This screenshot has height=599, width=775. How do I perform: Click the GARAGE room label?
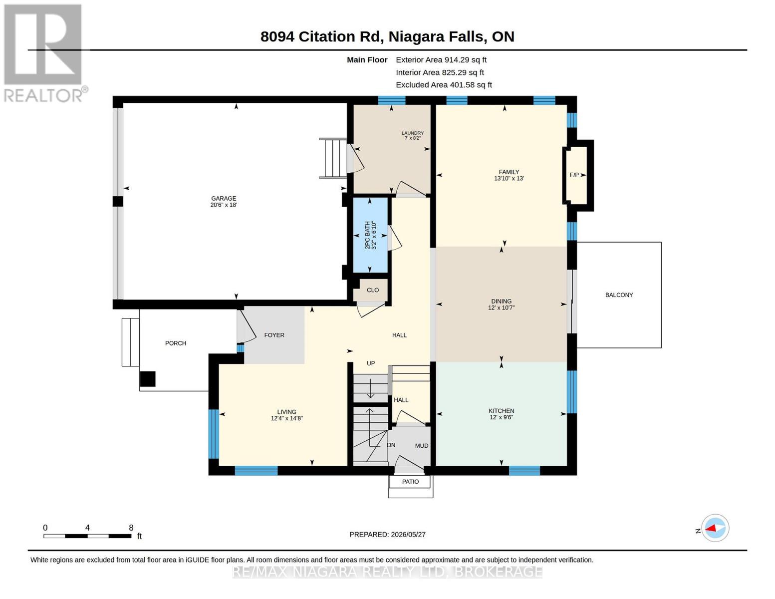pos(223,198)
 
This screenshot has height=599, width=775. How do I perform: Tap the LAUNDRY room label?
pos(413,133)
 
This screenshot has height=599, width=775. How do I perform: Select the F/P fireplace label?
pos(574,175)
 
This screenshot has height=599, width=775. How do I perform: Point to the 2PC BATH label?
pos(367,235)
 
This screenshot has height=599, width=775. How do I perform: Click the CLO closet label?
pos(373,290)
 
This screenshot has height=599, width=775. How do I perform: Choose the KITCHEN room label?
pos(501,411)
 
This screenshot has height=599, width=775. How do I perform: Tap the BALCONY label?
pos(619,295)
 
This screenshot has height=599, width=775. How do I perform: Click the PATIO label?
pos(410,482)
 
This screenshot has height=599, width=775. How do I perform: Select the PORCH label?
pos(176,343)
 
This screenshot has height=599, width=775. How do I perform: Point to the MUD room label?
pos(422,446)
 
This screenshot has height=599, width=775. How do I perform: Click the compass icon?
pos(715,528)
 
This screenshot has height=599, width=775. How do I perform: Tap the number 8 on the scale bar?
pos(131,528)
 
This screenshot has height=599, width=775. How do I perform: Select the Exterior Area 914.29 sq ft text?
pos(441,60)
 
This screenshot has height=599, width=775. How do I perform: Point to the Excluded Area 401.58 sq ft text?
pos(444,85)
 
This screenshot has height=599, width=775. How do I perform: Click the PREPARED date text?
pos(387,535)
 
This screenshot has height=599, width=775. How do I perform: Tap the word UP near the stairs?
pos(371,363)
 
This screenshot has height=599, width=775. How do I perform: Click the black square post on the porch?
pos(148,379)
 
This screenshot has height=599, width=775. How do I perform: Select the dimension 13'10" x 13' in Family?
pos(509,178)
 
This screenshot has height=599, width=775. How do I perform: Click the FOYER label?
pos(274,335)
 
